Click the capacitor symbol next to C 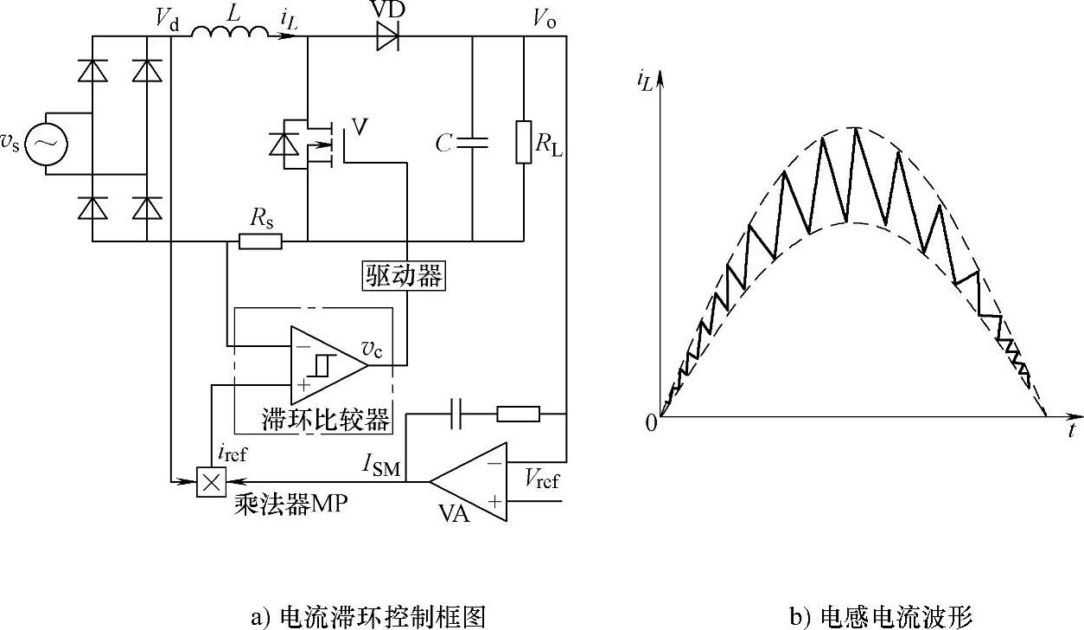point(473,143)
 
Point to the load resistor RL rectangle point(524,142)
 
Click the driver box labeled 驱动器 point(402,276)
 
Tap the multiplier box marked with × point(210,481)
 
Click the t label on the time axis point(1071,429)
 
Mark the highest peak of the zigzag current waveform point(855,129)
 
